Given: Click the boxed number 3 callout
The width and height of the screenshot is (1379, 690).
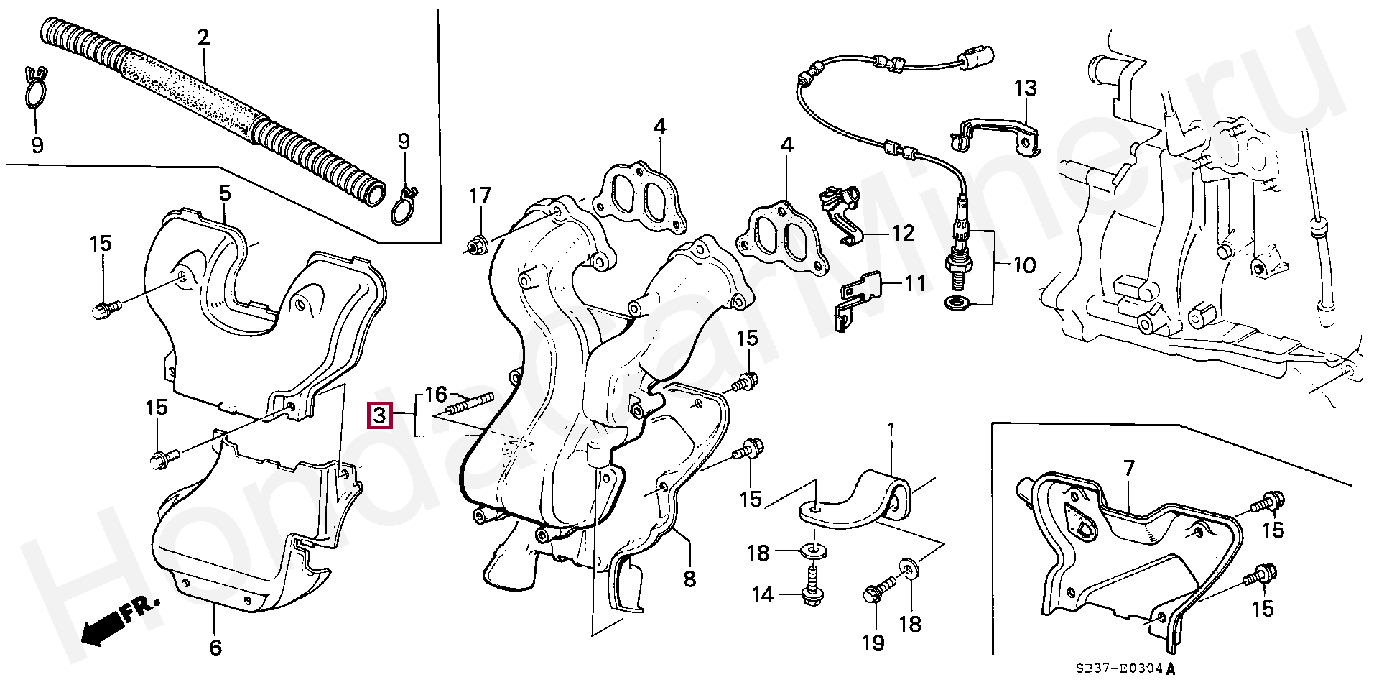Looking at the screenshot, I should (379, 415).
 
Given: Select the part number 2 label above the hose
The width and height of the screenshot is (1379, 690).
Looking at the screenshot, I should (203, 37).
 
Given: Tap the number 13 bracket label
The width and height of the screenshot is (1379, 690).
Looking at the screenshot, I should (1026, 88).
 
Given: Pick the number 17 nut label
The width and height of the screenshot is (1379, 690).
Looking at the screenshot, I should (480, 195).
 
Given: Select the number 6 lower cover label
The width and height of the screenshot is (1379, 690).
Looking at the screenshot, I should (215, 648).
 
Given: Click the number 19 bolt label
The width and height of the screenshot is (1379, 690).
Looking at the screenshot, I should (873, 642).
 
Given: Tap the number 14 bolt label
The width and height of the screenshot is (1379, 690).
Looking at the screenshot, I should (762, 594).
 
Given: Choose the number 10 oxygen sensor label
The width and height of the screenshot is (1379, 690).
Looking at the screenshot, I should (1025, 265).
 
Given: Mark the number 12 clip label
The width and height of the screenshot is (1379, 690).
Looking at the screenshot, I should (903, 233).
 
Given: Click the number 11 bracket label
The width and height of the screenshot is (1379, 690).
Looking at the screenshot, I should (914, 284).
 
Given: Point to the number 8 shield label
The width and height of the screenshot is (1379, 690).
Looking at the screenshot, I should (689, 579).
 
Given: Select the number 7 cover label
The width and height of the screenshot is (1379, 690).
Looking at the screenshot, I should (1129, 469).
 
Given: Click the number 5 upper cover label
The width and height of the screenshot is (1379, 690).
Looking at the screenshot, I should (225, 193).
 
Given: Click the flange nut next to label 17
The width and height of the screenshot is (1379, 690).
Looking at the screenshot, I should (475, 247).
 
